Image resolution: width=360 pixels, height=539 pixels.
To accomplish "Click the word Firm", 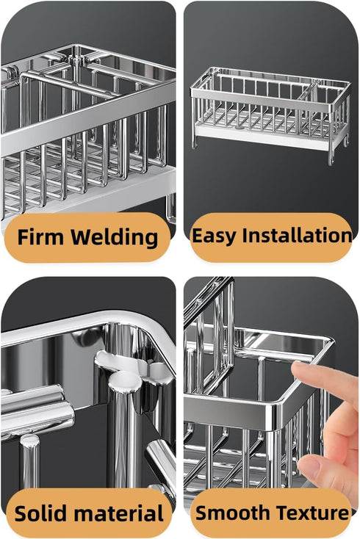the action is [x=40, y=237].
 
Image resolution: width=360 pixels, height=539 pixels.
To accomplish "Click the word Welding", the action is [x=115, y=238].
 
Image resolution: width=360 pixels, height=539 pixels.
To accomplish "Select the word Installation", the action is [x=297, y=236].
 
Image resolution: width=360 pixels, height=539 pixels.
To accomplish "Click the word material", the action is [x=118, y=513].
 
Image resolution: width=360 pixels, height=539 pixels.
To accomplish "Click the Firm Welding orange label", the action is [x=87, y=237].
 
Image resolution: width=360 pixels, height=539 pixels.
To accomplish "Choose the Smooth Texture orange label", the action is [x=271, y=513].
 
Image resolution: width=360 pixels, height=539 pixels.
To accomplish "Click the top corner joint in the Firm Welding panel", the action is [x=76, y=61].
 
